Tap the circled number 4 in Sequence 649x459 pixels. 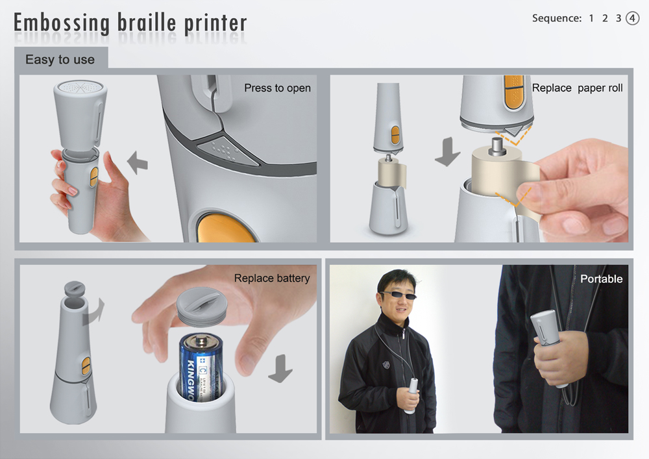[633, 18]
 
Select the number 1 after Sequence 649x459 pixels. [591, 18]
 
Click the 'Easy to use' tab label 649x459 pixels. [60, 59]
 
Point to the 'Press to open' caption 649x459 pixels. [277, 88]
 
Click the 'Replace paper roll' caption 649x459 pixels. [577, 88]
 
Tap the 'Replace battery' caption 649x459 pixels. [272, 278]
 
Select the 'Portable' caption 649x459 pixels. [601, 279]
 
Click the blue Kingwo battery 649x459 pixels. [201, 367]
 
